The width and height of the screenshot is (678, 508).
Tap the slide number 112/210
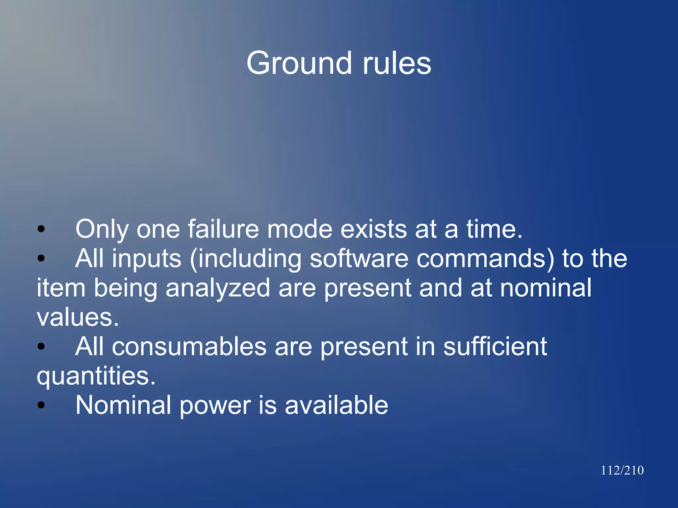622,470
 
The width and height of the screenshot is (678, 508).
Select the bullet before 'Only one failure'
41,229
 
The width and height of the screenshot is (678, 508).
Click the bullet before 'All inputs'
41,258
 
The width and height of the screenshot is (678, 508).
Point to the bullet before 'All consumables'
41,346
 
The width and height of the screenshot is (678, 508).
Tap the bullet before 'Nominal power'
41,405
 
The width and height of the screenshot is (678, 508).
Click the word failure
223,229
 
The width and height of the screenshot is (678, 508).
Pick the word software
359,258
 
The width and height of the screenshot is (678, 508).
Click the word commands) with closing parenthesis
485,258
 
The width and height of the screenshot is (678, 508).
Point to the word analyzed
218,288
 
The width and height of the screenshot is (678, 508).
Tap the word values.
77,317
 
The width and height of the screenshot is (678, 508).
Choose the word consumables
189,346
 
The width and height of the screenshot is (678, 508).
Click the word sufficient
495,346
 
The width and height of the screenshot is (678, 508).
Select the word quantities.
96,376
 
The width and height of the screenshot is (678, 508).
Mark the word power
215,405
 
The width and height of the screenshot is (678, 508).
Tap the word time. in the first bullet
494,229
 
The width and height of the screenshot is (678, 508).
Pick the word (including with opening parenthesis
246,258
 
